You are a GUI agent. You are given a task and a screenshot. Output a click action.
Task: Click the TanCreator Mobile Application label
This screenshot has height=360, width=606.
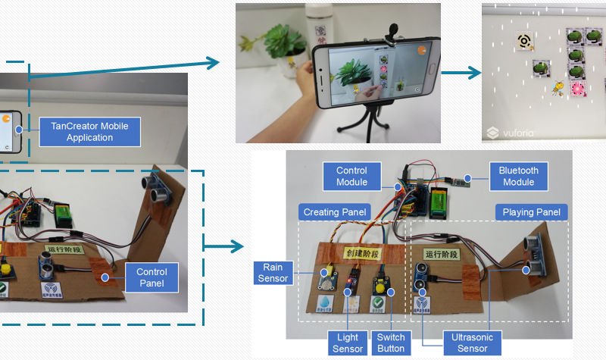point(89,131)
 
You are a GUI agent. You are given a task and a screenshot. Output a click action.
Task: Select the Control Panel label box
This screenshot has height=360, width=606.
point(151,277)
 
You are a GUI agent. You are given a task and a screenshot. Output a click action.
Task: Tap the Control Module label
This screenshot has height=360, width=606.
point(352,176)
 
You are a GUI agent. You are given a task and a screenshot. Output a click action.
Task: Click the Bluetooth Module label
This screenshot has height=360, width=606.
point(518,176)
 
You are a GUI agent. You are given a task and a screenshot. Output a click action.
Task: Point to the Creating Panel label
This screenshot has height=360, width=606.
point(334,211)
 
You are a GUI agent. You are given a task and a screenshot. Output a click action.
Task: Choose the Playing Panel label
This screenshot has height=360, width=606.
point(531,211)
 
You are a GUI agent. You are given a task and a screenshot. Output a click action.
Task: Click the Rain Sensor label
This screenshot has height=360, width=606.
point(273,273)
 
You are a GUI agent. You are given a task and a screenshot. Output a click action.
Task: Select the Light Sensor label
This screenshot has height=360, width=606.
point(347,343)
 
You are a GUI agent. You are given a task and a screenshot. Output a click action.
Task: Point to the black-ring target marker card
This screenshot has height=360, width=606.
point(523,41)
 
